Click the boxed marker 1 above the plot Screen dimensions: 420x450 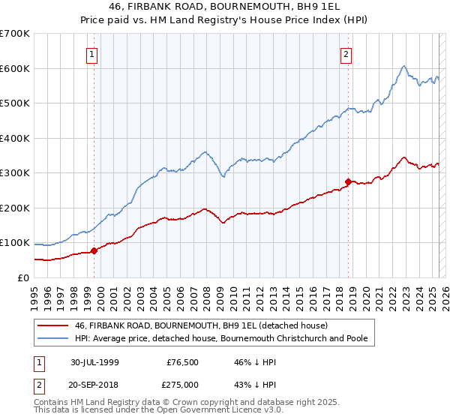(x=91, y=54)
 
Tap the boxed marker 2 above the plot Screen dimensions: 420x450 (x=346, y=54)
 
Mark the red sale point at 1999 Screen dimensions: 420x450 (x=94, y=251)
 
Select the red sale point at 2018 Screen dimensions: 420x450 (x=348, y=181)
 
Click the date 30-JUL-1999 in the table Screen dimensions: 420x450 (x=98, y=361)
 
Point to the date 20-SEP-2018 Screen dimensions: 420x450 (x=98, y=384)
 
